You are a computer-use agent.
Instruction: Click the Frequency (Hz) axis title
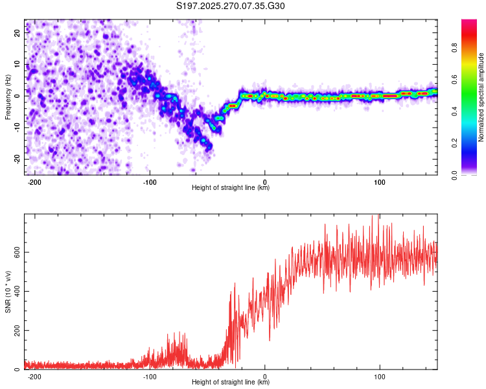(x=8, y=97)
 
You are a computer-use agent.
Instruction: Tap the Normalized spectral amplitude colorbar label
(x=481, y=97)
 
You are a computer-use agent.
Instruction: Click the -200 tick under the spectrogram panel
(x=35, y=182)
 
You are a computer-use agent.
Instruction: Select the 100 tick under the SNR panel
(x=380, y=377)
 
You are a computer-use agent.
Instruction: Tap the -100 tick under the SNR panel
(x=150, y=377)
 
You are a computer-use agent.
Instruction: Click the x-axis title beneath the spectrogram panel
(x=231, y=188)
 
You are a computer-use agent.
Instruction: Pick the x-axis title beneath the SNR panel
(x=231, y=383)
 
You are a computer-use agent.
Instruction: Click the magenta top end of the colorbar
(x=469, y=22)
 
